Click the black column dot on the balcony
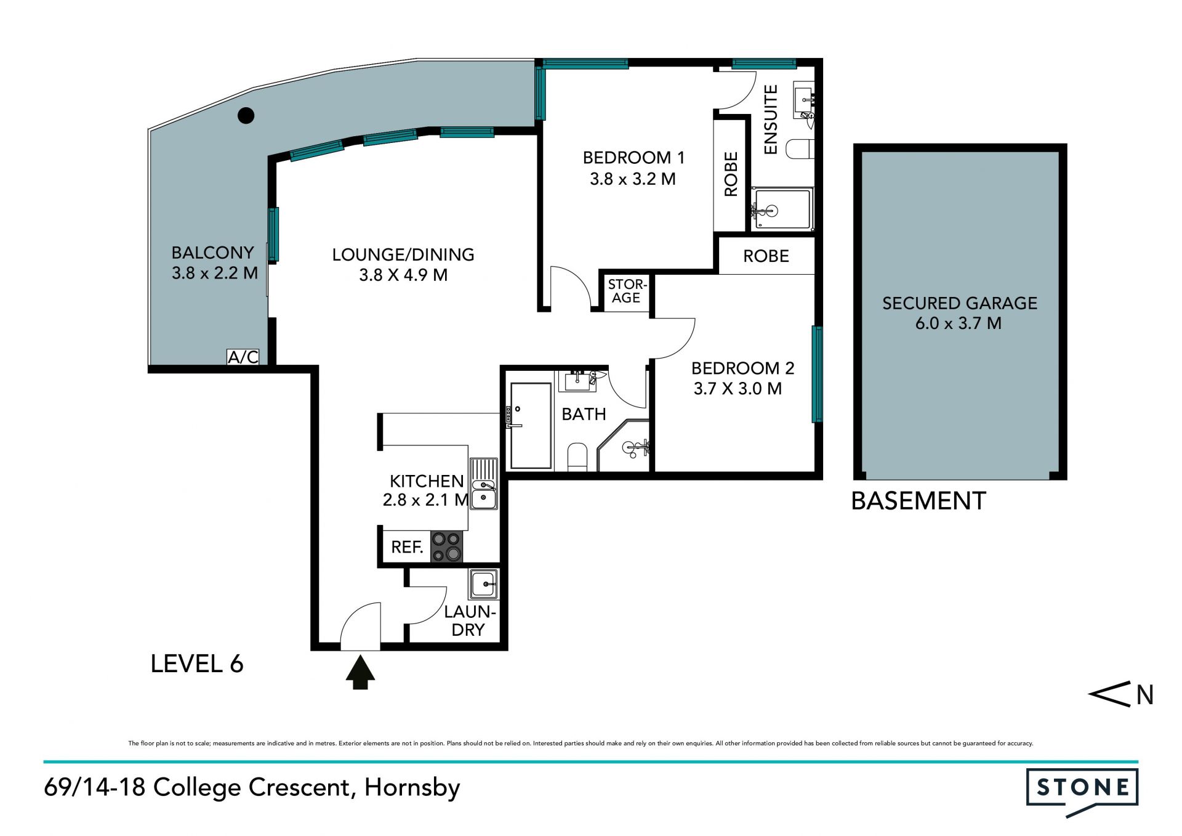pyautogui.click(x=246, y=115)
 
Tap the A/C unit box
pyautogui.click(x=243, y=357)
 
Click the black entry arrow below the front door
pyautogui.click(x=360, y=672)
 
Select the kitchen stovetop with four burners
pyautogui.click(x=447, y=546)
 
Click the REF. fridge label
pyautogui.click(x=408, y=547)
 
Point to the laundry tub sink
pyautogui.click(x=484, y=584)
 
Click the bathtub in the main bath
pyautogui.click(x=531, y=426)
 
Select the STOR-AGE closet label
pyautogui.click(x=627, y=291)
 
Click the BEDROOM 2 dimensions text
pyautogui.click(x=738, y=389)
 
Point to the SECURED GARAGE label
pyautogui.click(x=960, y=303)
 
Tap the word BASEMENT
pyautogui.click(x=919, y=501)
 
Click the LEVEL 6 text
pyautogui.click(x=197, y=664)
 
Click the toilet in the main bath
pyautogui.click(x=577, y=457)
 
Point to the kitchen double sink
pyautogui.click(x=484, y=484)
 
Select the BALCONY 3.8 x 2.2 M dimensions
pyautogui.click(x=215, y=273)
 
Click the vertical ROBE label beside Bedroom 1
pyautogui.click(x=731, y=174)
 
